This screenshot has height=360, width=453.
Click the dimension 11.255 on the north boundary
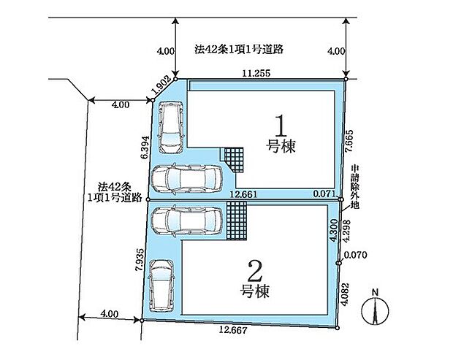256,73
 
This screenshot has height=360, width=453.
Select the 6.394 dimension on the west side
145,148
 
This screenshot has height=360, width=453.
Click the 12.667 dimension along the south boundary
233,330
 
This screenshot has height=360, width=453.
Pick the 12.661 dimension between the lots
243,194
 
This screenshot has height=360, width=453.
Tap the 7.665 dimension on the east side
349,141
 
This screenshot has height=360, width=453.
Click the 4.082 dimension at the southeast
345,294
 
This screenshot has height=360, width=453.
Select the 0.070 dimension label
355,255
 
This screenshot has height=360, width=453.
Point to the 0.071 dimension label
324,194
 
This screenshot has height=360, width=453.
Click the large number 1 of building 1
281,126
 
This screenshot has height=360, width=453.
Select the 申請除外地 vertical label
355,187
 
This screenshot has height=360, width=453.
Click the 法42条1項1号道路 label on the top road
239,50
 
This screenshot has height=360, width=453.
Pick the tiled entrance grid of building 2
236,221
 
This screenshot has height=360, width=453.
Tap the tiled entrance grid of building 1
235,160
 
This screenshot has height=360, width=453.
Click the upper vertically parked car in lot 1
170,127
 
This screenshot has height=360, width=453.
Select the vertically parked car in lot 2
161,286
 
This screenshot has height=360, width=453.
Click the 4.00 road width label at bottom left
109,313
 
